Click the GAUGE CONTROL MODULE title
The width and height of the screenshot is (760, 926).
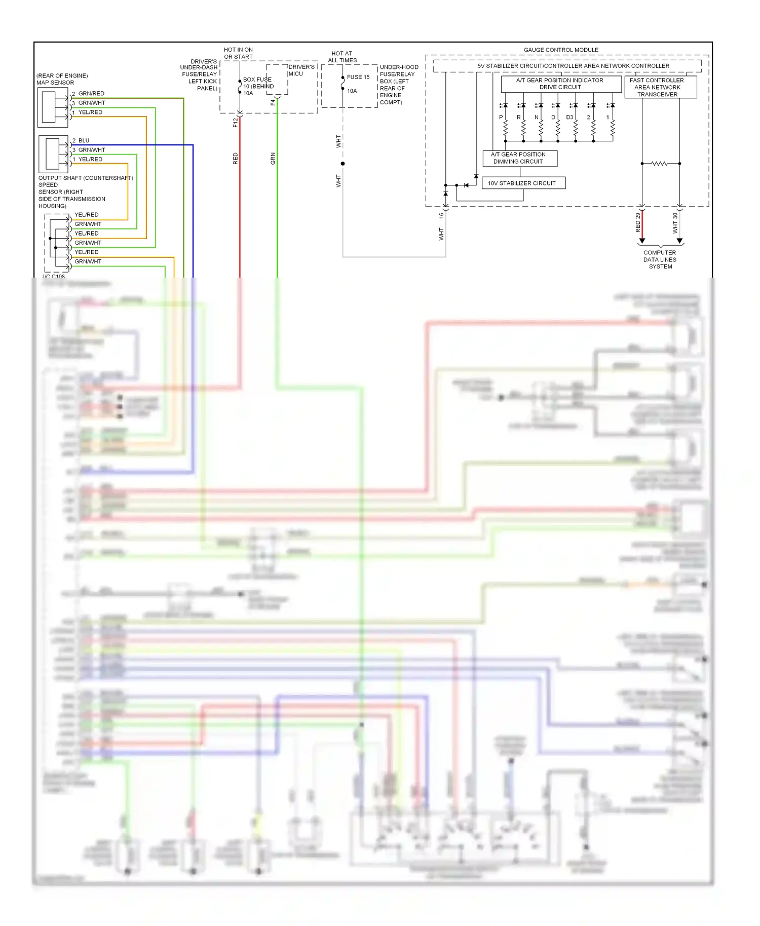click(561, 50)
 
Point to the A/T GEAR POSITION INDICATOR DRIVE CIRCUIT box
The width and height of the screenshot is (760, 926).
click(560, 84)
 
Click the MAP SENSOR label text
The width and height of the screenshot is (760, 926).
click(55, 83)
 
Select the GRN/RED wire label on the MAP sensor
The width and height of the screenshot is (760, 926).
click(91, 93)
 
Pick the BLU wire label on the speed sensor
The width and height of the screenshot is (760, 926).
click(84, 140)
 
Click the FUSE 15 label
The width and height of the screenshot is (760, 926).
click(358, 77)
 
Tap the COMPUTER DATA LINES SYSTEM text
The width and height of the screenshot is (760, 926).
click(660, 259)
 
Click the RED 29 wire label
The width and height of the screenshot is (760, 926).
click(637, 222)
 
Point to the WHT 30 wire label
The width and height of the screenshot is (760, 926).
click(675, 223)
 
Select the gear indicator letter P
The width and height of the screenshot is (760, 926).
click(501, 117)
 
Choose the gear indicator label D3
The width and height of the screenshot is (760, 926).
click(570, 117)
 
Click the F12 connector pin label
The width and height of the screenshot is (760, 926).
click(235, 122)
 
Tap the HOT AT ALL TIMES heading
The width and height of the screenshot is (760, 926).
click(342, 57)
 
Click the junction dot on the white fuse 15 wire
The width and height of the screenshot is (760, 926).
click(343, 164)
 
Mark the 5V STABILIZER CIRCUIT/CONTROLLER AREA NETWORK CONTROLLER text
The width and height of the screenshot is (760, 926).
click(573, 66)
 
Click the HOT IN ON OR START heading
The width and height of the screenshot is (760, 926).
click(238, 53)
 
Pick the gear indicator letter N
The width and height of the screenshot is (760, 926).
click(537, 117)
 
